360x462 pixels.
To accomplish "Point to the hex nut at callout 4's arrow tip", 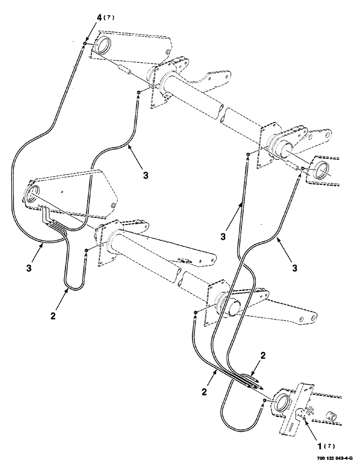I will (x=84, y=44).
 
